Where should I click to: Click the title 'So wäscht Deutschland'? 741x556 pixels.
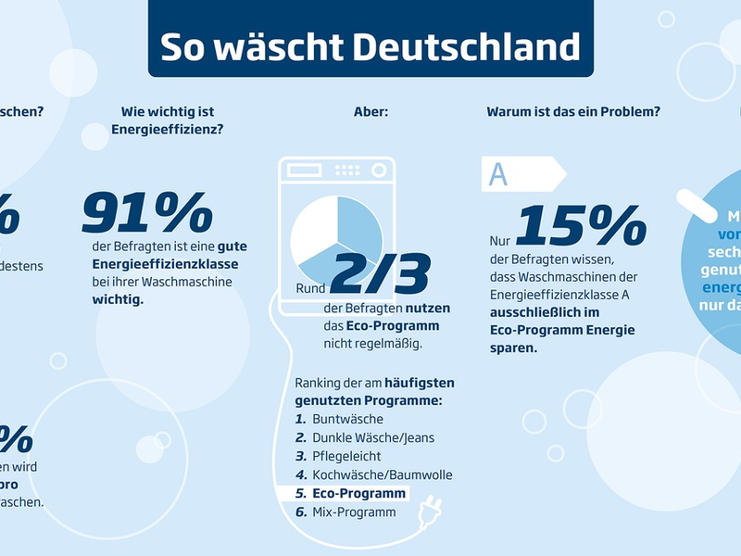(x=370, y=46)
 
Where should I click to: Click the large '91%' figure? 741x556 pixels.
(x=147, y=213)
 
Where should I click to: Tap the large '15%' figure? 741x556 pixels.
(x=581, y=226)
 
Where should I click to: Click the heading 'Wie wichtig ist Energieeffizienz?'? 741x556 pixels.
(x=167, y=121)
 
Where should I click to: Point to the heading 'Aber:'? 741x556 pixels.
(x=370, y=112)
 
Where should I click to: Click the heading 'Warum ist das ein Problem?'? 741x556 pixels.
(x=573, y=112)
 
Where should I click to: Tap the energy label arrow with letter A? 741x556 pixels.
(x=521, y=174)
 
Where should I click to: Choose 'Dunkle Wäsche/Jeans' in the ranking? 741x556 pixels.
(x=372, y=437)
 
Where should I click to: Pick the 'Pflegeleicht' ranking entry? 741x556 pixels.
(x=345, y=456)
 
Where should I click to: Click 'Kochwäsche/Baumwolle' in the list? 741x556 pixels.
(x=382, y=474)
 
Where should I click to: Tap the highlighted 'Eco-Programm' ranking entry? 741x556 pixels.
(x=358, y=493)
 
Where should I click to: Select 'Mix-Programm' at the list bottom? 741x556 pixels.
(x=353, y=512)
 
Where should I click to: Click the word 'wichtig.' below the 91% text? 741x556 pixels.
(x=118, y=300)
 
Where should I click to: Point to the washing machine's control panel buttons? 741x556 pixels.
(x=347, y=171)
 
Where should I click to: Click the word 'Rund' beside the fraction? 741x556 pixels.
(x=310, y=288)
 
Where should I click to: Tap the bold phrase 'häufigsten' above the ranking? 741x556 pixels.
(x=419, y=382)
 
